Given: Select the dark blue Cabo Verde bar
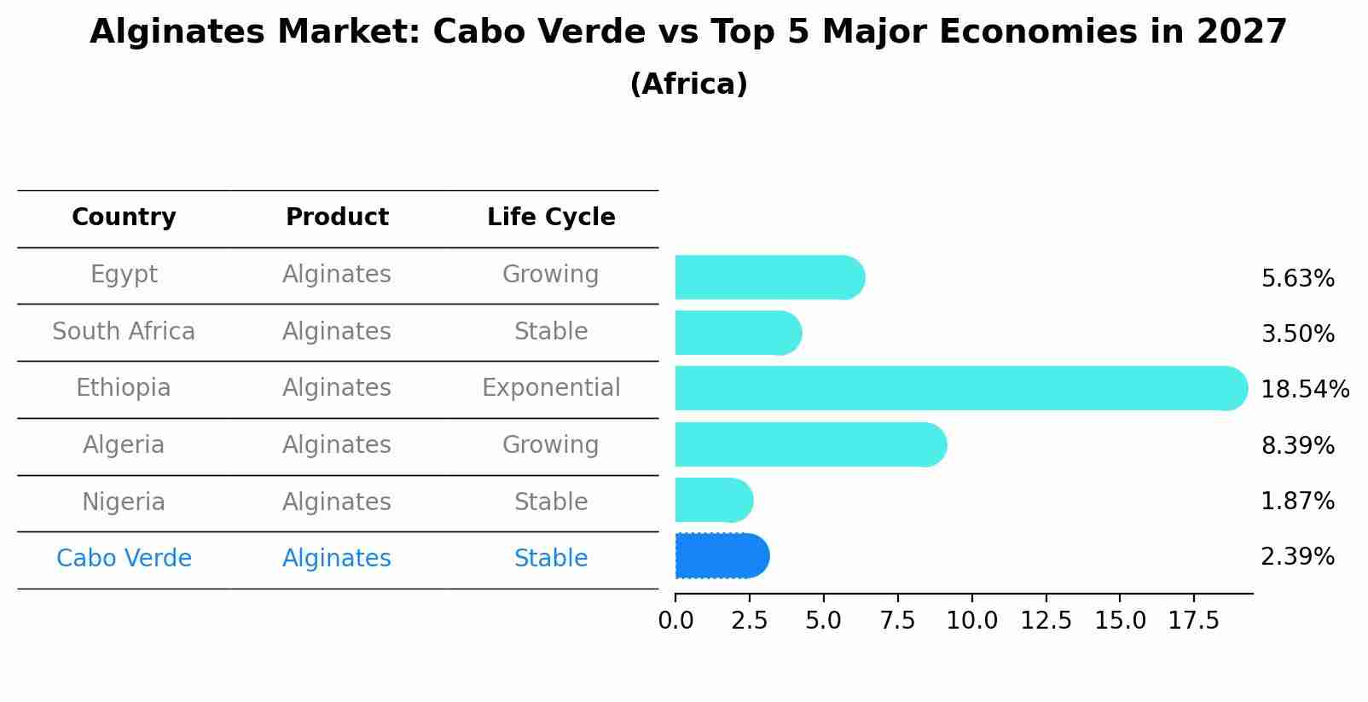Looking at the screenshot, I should click(722, 556).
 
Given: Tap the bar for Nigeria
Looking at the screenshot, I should click(713, 500).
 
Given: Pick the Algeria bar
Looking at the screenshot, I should click(810, 444).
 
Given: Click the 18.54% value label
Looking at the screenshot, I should click(1304, 390).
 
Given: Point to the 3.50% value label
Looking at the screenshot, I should click(1297, 334).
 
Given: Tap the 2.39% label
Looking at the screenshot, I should click(1297, 557).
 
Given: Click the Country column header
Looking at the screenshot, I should click(124, 218).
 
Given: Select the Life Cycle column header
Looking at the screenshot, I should click(551, 218).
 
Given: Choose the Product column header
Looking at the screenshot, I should click(337, 218).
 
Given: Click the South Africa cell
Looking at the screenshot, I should click(124, 332).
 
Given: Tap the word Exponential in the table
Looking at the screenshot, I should click(551, 388).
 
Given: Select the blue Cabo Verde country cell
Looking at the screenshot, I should click(124, 559).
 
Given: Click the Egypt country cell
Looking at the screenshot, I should click(124, 275).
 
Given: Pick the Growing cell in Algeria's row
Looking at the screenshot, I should click(551, 445).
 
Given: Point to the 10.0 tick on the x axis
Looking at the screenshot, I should click(971, 621).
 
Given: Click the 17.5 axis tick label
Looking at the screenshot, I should click(1194, 621).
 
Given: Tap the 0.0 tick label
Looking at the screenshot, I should click(675, 621).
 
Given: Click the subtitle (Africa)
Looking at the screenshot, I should click(688, 84).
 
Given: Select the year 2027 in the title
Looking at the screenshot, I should click(1241, 32).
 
